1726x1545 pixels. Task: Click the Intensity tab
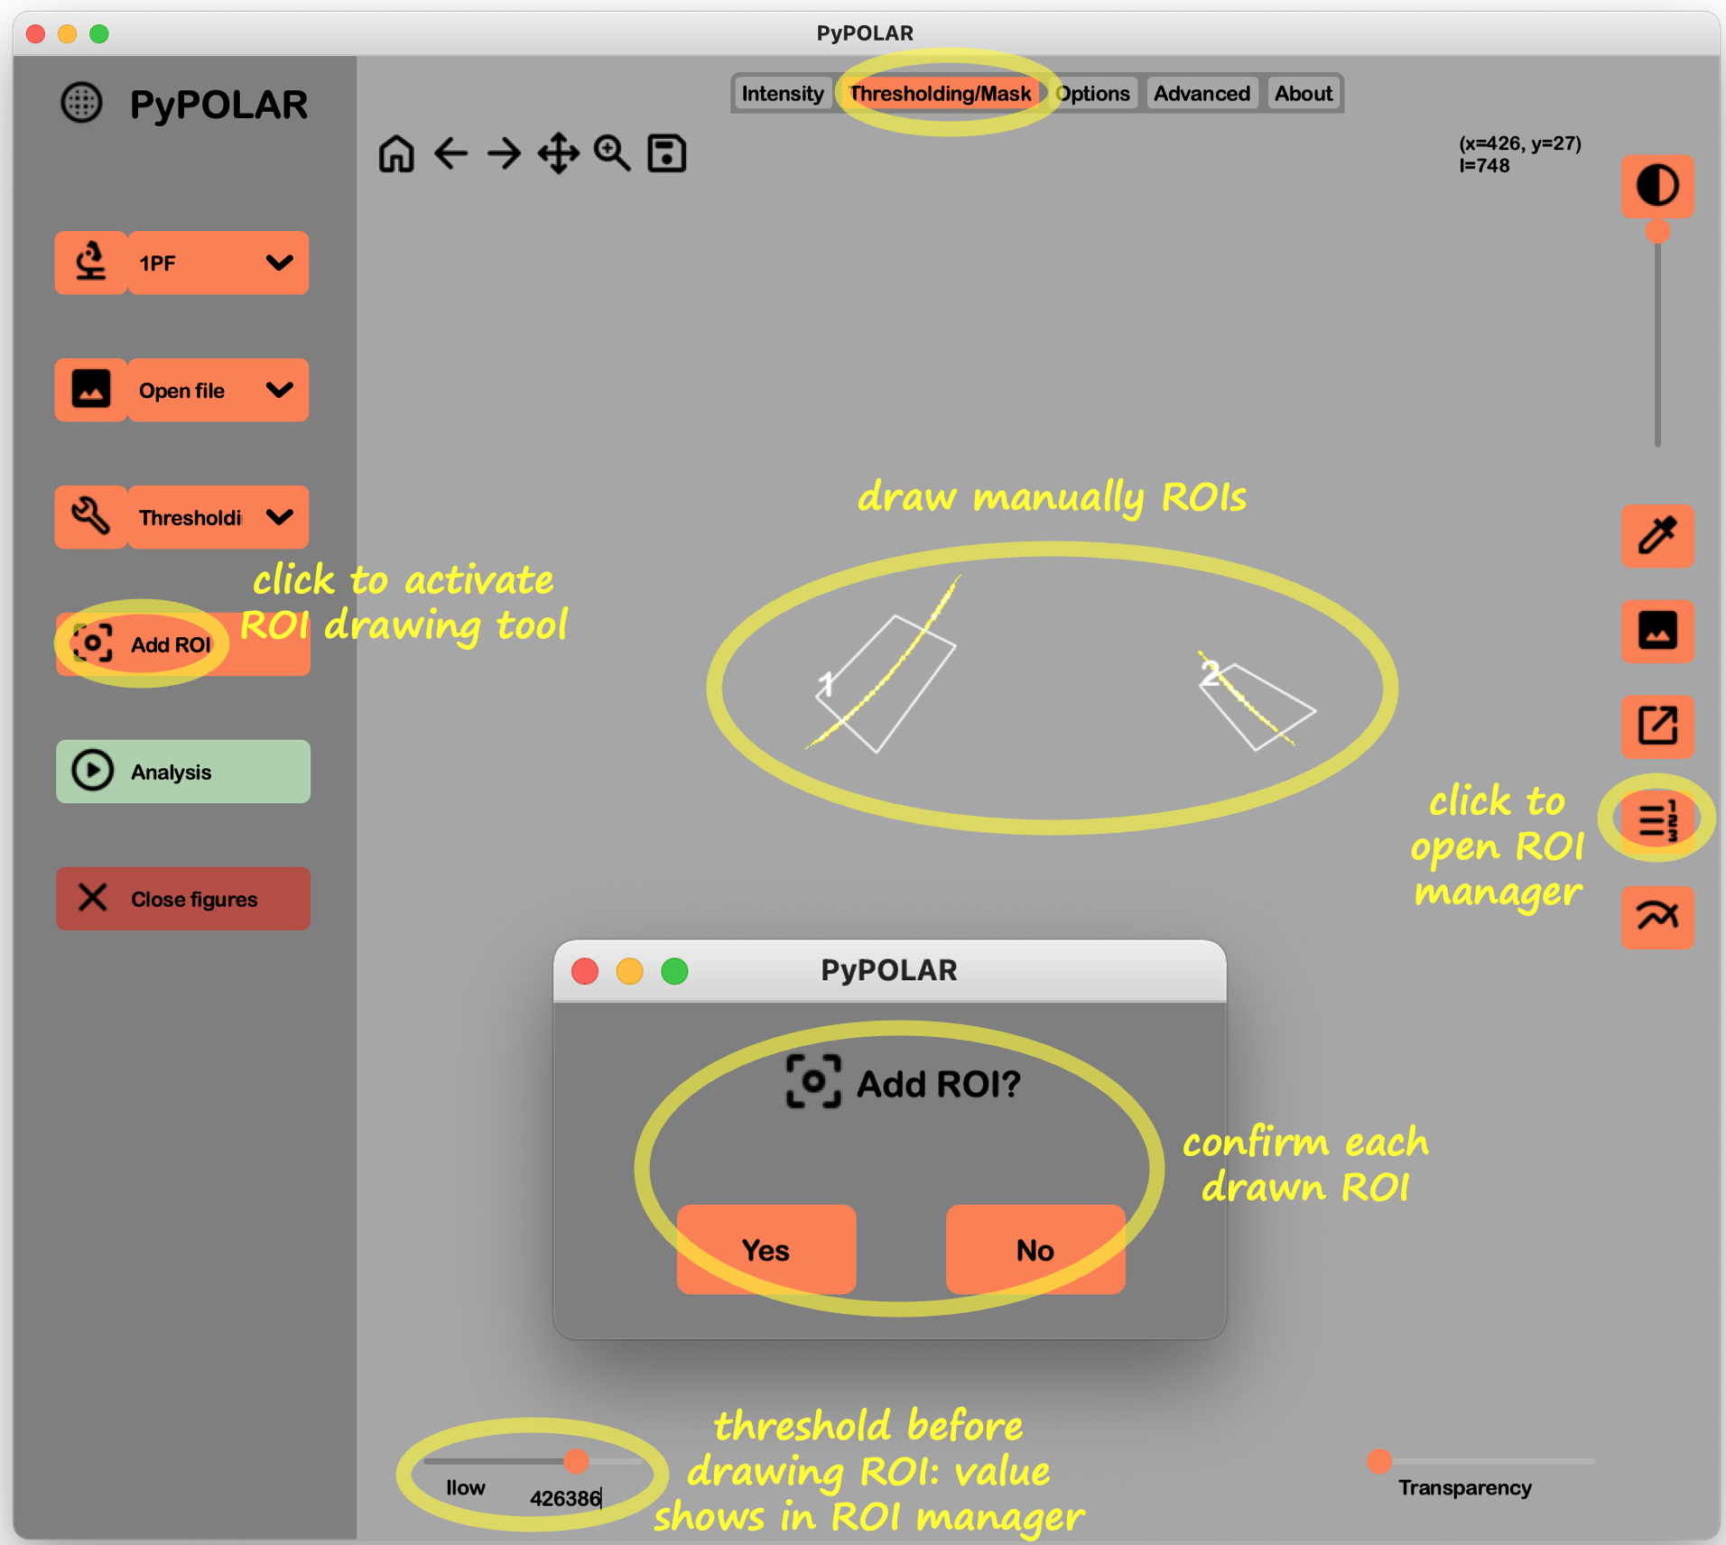pyautogui.click(x=782, y=94)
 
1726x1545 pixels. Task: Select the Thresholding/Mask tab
pyautogui.click(x=940, y=94)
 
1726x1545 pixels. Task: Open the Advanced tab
pyautogui.click(x=1201, y=94)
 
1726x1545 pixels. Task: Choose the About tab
pyautogui.click(x=1303, y=94)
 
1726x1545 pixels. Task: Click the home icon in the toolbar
pyautogui.click(x=396, y=153)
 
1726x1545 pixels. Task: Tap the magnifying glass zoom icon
pyautogui.click(x=612, y=153)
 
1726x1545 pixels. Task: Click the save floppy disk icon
pyautogui.click(x=667, y=153)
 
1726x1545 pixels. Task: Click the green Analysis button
pyautogui.click(x=183, y=772)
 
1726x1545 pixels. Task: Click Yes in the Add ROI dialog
pyautogui.click(x=766, y=1250)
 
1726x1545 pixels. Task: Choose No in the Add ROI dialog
pyautogui.click(x=1035, y=1250)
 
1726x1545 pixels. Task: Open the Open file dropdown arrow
pyautogui.click(x=280, y=390)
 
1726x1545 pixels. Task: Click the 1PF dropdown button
pyautogui.click(x=218, y=263)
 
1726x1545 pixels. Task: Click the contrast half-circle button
pyautogui.click(x=1656, y=186)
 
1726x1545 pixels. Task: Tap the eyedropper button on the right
pyautogui.click(x=1656, y=536)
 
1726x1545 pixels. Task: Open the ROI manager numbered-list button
pyautogui.click(x=1656, y=820)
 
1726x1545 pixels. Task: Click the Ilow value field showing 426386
pyautogui.click(x=565, y=1498)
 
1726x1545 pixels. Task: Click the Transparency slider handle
pyautogui.click(x=1378, y=1461)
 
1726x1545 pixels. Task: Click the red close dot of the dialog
pyautogui.click(x=585, y=971)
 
